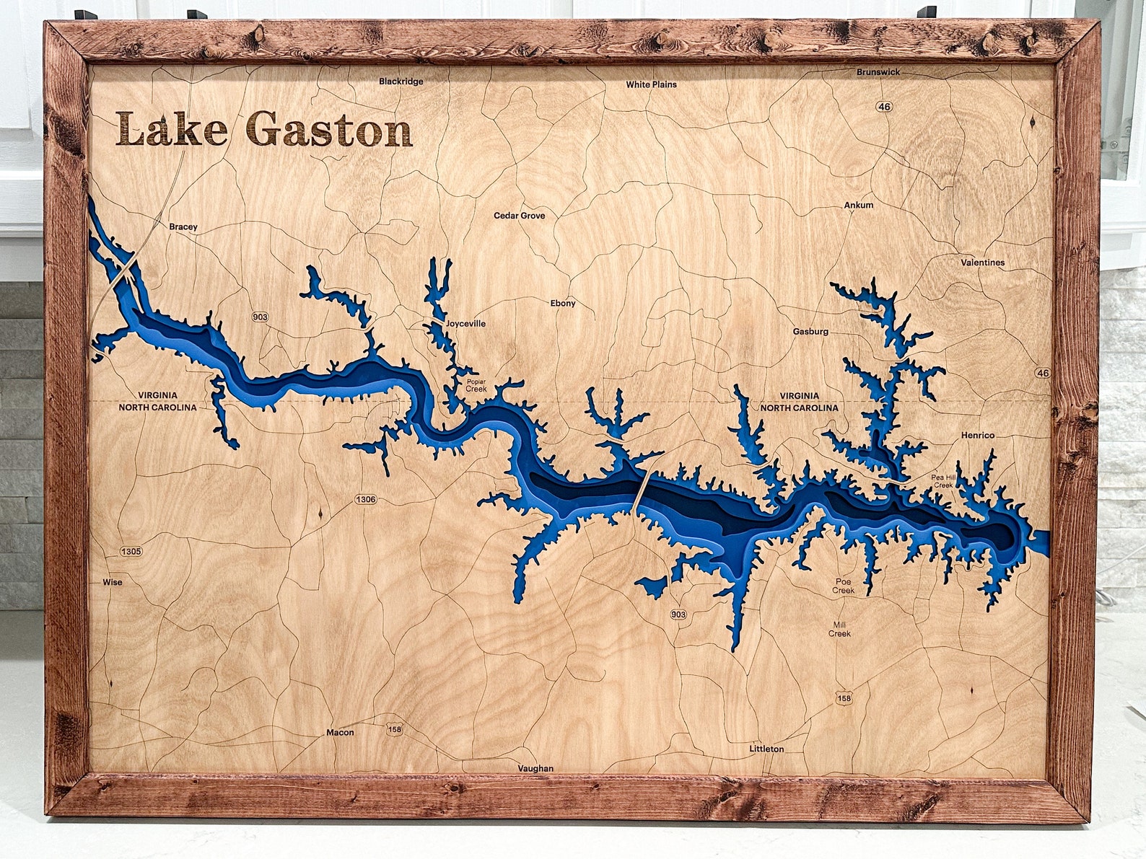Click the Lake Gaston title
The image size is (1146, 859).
(264, 130)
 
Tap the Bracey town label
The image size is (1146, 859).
(183, 226)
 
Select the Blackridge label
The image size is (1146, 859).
(401, 82)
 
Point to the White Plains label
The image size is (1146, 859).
(651, 84)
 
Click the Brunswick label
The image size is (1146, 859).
(878, 72)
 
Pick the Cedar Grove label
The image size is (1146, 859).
(519, 216)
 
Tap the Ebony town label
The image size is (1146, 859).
(563, 303)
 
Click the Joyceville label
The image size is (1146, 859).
(465, 324)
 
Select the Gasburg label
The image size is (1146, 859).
(810, 332)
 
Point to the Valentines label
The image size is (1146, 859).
(982, 263)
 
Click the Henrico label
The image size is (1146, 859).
(977, 436)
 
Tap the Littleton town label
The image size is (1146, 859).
(766, 749)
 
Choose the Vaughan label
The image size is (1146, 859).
(535, 768)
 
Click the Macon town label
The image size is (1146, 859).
(340, 732)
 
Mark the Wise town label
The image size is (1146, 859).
(113, 582)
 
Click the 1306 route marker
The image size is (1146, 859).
(365, 499)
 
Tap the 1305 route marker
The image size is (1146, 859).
(131, 551)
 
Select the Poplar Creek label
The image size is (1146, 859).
(476, 385)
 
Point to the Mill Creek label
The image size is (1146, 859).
(839, 629)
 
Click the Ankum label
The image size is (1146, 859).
(858, 205)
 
